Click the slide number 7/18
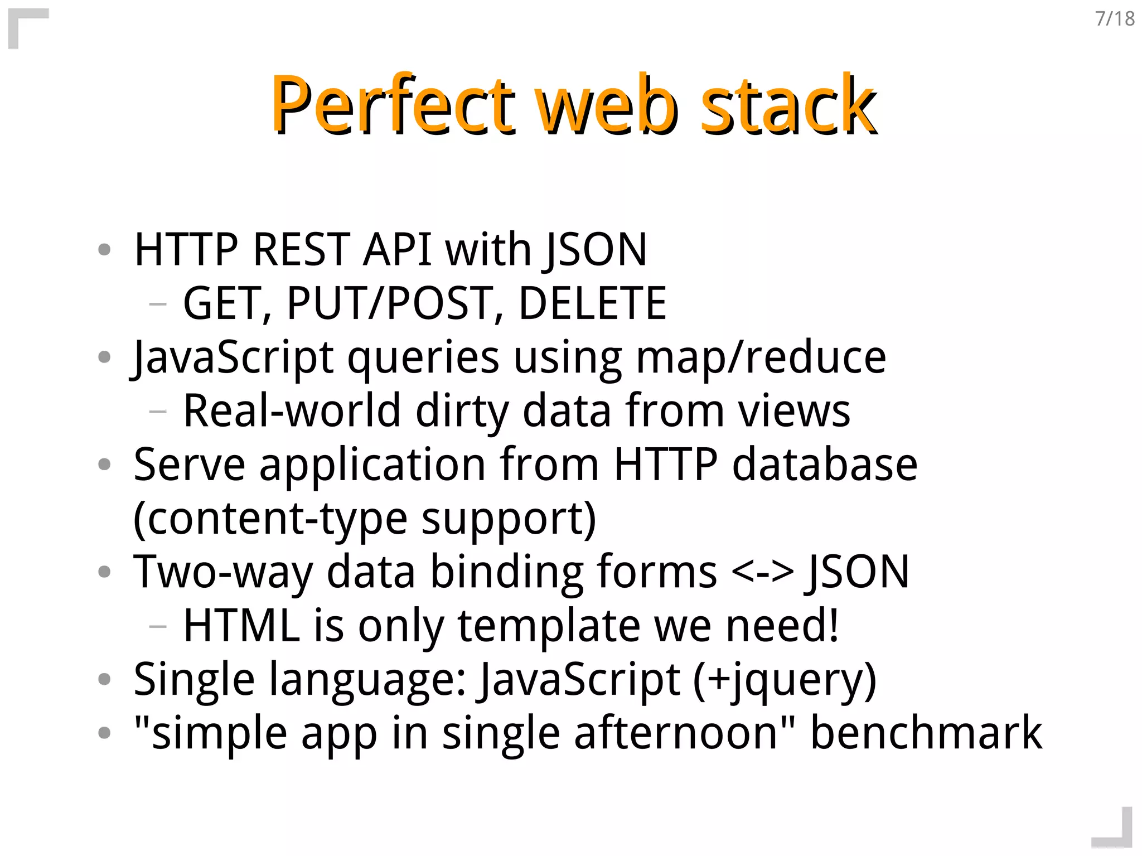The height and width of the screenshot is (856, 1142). (x=1115, y=19)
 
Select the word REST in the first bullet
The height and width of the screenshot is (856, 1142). (x=301, y=249)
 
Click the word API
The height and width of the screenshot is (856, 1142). (x=397, y=249)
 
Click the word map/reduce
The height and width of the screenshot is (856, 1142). (x=761, y=357)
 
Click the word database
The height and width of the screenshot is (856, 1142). (x=825, y=464)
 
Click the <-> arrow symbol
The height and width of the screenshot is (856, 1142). (x=762, y=572)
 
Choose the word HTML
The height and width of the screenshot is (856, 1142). (x=241, y=625)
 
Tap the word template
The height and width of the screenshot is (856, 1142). (x=549, y=626)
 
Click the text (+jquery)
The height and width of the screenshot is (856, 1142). (x=785, y=680)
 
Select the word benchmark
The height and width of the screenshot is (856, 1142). (x=926, y=733)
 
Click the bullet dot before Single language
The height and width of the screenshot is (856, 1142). (x=104, y=679)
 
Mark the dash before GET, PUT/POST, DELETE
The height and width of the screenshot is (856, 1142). (x=158, y=304)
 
